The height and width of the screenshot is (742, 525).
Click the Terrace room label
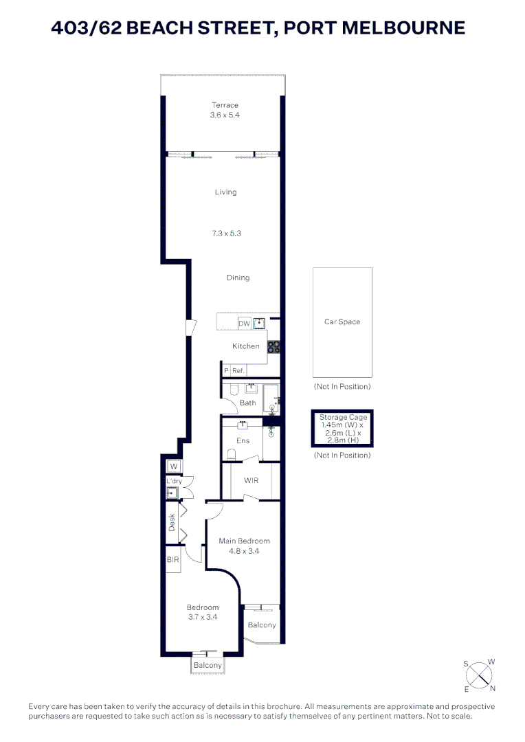tap(225, 105)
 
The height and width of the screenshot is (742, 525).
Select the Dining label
tap(238, 278)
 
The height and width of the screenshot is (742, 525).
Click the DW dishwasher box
tap(244, 324)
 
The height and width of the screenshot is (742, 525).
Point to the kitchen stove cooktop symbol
tap(273, 347)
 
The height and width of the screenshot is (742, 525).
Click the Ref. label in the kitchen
tap(238, 371)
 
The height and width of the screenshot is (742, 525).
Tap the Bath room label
tap(247, 403)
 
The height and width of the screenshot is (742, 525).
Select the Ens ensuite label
tap(243, 441)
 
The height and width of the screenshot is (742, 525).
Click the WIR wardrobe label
tap(251, 480)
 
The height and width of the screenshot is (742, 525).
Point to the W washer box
tap(174, 467)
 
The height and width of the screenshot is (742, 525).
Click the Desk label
tap(172, 522)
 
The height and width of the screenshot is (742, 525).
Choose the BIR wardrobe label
tap(172, 560)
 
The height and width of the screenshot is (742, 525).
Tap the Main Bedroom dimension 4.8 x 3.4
tap(244, 551)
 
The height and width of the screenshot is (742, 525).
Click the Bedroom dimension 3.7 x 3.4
tap(203, 617)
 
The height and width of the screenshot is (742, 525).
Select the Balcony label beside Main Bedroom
tap(262, 625)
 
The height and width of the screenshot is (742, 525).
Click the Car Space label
tap(342, 322)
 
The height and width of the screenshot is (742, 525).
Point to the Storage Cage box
tap(343, 429)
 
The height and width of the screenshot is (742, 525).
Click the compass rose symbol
tap(480, 675)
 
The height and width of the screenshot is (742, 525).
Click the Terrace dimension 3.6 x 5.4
tap(225, 115)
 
